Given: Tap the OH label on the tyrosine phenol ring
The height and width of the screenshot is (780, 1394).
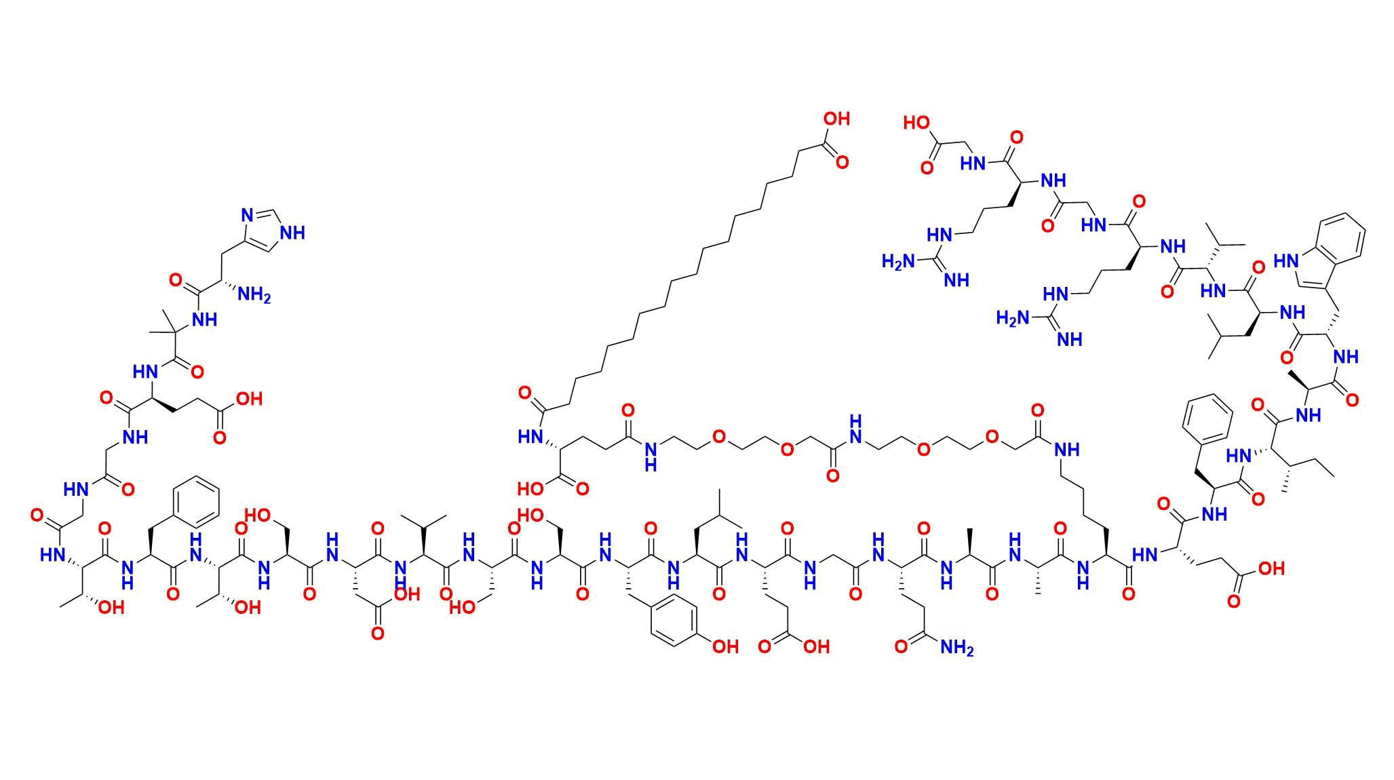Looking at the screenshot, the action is pos(725,647).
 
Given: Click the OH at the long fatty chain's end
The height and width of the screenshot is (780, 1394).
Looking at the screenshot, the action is pos(836,119).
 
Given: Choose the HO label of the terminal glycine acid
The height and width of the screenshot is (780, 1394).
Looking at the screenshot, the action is pos(916,123).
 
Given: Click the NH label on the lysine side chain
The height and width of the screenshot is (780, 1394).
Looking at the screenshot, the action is pos(1067,448).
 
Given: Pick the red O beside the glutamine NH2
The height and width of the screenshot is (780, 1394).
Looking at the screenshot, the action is pos(901,647).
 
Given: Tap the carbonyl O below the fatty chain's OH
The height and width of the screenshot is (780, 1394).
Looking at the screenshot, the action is pos(843,163).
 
